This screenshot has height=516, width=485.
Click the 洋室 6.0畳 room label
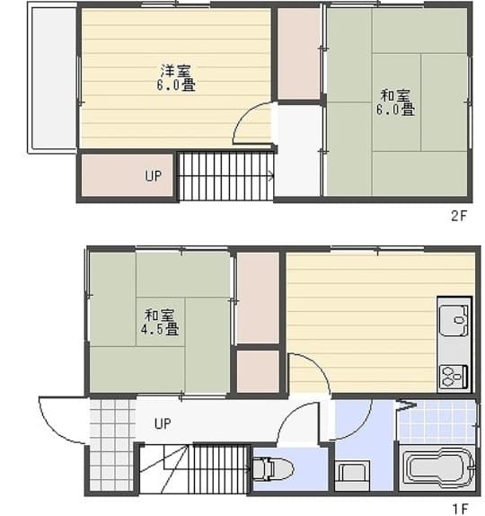(175, 78)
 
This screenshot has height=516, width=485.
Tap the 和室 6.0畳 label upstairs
(395, 102)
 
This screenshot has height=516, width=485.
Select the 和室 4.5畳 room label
(160, 322)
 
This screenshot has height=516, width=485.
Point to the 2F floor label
(459, 217)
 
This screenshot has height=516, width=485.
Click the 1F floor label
(461, 509)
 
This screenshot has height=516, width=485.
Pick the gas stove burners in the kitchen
(454, 377)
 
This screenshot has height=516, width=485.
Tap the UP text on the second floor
(154, 175)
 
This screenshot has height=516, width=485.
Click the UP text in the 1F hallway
(163, 423)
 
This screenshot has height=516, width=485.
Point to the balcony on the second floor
(54, 77)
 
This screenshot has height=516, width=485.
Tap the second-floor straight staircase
(226, 176)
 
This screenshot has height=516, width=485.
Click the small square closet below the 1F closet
(258, 371)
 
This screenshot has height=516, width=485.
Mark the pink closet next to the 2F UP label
(127, 175)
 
